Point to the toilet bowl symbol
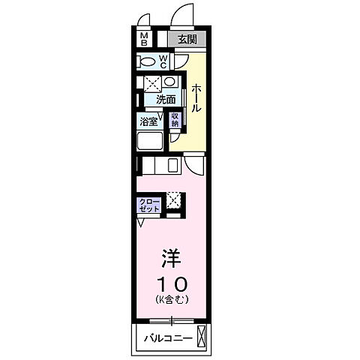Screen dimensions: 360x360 [x=148, y=61]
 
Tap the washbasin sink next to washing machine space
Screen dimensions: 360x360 [x=169, y=82]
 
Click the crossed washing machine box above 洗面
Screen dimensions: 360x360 [x=151, y=83]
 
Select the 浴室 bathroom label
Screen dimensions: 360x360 [x=148, y=120]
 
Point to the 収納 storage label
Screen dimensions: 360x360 [x=175, y=119]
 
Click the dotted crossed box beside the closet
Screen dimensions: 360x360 [x=173, y=200]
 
